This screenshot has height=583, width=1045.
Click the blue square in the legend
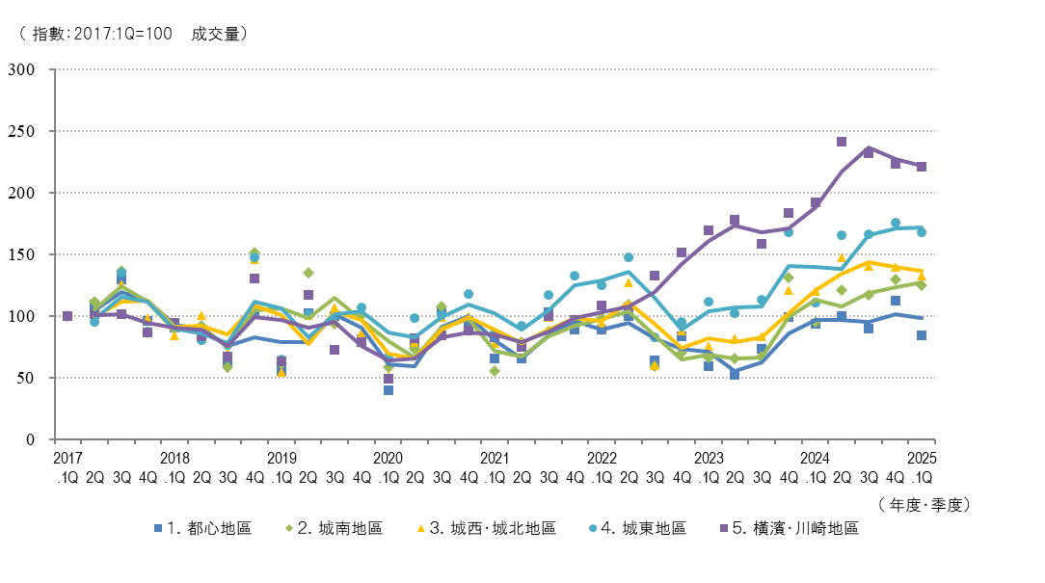click(x=158, y=528)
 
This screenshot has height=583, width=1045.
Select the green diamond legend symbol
click(x=289, y=528)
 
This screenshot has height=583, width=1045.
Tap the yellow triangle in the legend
click(x=421, y=528)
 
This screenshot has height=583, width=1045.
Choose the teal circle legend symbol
click(x=593, y=528)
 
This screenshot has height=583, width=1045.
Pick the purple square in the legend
click(x=724, y=528)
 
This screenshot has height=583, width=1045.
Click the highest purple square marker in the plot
click(x=842, y=142)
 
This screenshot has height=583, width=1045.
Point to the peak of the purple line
click(x=869, y=147)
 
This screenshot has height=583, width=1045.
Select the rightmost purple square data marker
click(x=922, y=167)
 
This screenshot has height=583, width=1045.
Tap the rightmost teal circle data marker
click(x=922, y=232)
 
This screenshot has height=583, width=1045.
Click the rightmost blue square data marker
click(x=922, y=335)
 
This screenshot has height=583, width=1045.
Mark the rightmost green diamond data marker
click(x=922, y=285)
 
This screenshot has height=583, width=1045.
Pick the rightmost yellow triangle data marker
click(x=922, y=277)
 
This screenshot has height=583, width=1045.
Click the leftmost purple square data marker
click(x=67, y=316)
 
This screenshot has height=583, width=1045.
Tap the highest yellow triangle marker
click(x=842, y=257)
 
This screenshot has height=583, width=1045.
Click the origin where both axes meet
click(x=55, y=439)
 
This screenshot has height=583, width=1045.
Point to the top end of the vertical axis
click(x=55, y=69)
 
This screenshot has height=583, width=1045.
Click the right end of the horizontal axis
click(x=934, y=439)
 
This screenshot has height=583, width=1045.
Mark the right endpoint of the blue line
click(x=922, y=318)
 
